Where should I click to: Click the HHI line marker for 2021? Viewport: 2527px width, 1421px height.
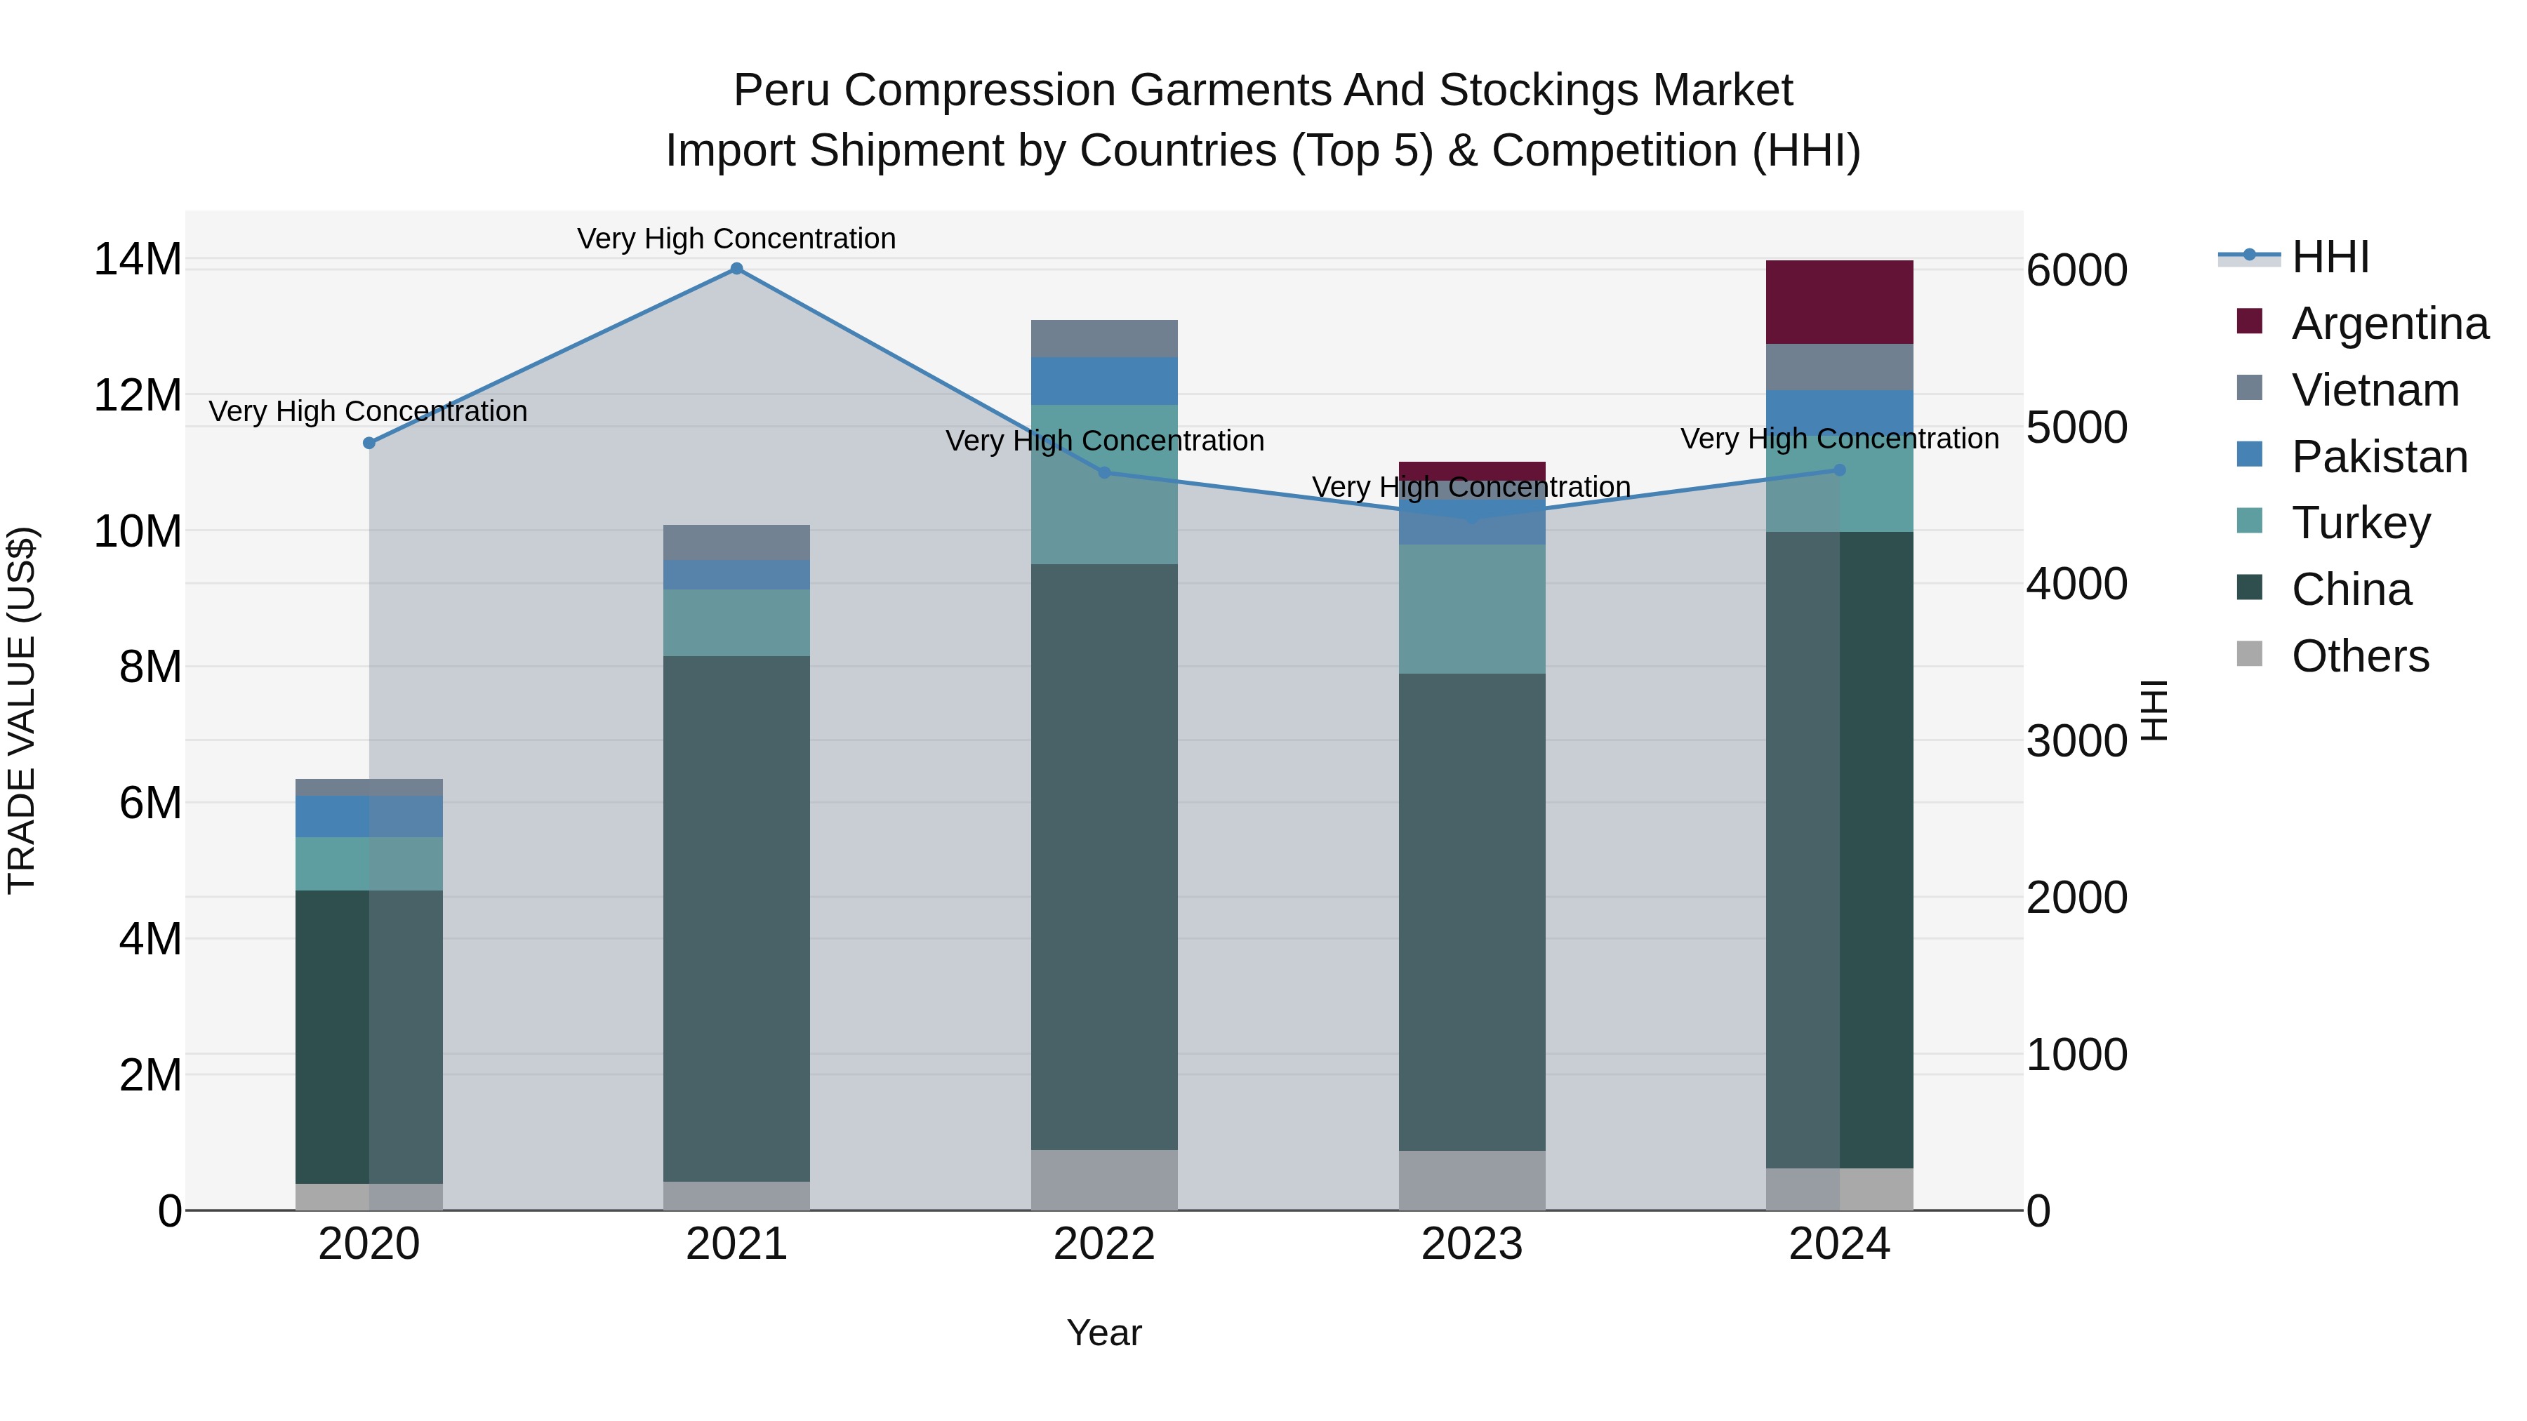point(737,269)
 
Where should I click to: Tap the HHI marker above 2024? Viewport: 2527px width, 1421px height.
point(1839,471)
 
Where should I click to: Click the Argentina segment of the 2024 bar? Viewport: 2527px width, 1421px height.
point(1839,302)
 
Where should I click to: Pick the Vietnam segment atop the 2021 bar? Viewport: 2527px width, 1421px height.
point(737,542)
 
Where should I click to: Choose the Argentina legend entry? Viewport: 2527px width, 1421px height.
point(2389,323)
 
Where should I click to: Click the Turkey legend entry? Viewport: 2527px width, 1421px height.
point(2360,523)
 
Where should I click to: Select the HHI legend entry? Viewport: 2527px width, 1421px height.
point(2330,257)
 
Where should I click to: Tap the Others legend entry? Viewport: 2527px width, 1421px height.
point(2360,656)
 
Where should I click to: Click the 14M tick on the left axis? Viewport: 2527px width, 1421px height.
point(138,260)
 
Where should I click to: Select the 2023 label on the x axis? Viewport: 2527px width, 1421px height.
point(1471,1244)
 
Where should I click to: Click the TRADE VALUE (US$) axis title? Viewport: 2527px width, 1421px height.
point(22,710)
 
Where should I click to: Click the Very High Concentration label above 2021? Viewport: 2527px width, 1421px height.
point(737,239)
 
